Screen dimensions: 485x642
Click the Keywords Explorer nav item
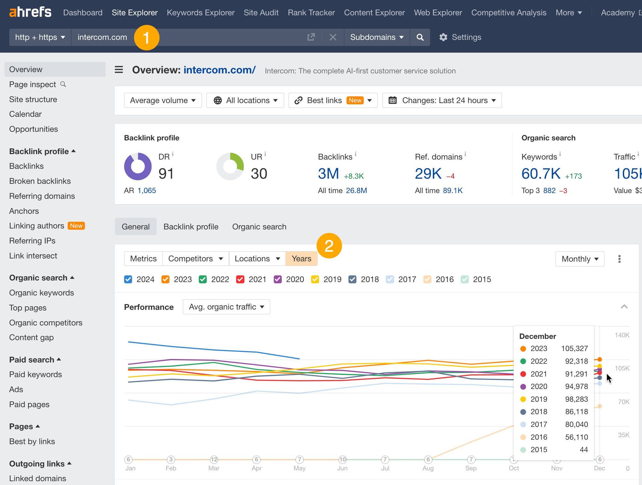(200, 12)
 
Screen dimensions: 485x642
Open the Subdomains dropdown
(377, 37)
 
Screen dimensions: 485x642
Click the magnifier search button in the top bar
(420, 37)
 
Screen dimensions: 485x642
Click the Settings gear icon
(443, 37)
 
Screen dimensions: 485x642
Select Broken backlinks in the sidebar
(40, 181)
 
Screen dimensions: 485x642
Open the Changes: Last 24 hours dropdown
(442, 101)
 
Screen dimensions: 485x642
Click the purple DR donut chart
(138, 166)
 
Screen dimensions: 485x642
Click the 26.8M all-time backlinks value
(356, 190)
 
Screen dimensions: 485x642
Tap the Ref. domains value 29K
(428, 174)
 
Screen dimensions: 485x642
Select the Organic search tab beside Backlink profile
(259, 227)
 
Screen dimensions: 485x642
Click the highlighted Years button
(301, 258)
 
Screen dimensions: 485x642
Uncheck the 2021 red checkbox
(240, 280)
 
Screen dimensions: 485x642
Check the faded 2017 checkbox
(390, 280)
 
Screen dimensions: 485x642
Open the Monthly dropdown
(579, 259)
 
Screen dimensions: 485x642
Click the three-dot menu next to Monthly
(619, 259)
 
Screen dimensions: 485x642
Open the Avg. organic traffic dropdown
(226, 307)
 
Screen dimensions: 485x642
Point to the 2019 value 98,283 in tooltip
(576, 399)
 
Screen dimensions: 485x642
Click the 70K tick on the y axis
(623, 402)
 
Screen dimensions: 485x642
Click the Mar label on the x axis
(213, 468)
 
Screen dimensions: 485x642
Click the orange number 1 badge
(146, 38)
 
